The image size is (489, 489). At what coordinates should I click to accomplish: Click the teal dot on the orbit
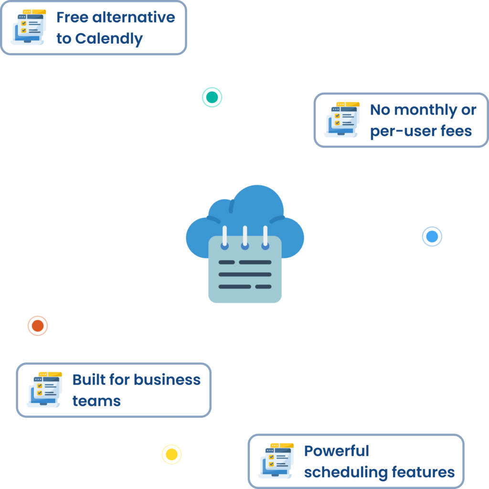pos(212,97)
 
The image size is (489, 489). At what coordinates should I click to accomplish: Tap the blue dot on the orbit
pos(432,236)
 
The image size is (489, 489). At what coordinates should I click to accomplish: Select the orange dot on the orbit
pos(37,326)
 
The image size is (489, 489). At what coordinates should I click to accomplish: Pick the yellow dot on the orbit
pos(171,454)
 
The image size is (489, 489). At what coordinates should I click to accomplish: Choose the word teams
pos(96,401)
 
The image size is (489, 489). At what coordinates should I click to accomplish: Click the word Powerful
pos(337,451)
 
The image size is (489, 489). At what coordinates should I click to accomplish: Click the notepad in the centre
pos(245,270)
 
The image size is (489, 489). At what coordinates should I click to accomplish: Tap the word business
pos(167,380)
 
